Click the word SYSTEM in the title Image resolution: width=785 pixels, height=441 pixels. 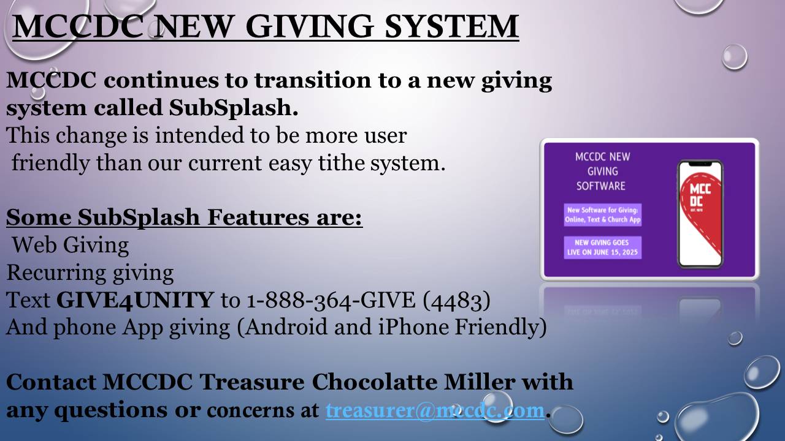(x=452, y=26)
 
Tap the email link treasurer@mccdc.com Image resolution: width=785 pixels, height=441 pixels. (x=435, y=410)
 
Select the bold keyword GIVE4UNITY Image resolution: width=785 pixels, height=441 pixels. (x=135, y=300)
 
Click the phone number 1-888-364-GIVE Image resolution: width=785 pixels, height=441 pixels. (x=331, y=300)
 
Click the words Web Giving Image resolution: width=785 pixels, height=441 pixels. (x=71, y=245)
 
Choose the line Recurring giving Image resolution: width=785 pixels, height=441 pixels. (x=90, y=273)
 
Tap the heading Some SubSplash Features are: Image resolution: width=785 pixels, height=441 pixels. (x=184, y=217)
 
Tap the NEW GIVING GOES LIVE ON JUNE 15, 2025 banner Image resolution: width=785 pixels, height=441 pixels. (x=602, y=247)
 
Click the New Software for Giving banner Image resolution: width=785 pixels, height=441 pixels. (x=602, y=215)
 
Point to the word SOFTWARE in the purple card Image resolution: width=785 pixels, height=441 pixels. (x=600, y=186)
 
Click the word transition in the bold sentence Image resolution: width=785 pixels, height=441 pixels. (x=313, y=80)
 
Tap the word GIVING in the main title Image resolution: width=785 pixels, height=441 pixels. (x=310, y=26)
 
